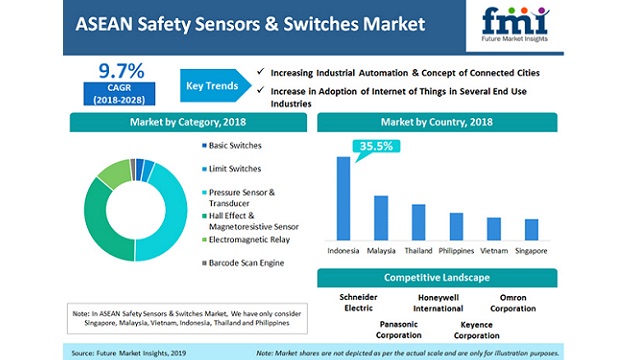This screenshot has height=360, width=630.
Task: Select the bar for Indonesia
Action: [344, 198]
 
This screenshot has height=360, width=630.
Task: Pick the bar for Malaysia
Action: [381, 217]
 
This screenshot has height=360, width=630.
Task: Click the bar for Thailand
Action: [418, 222]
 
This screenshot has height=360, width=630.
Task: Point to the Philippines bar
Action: [456, 226]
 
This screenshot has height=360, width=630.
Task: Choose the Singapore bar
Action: [531, 229]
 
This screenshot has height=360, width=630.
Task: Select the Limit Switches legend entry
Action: [235, 170]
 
